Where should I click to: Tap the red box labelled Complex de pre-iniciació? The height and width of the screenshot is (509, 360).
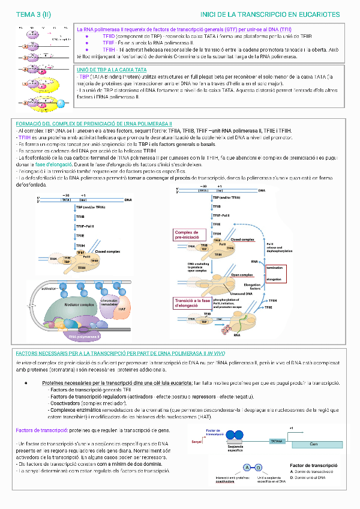click(x=190, y=235)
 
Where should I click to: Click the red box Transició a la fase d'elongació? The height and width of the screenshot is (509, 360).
click(x=192, y=303)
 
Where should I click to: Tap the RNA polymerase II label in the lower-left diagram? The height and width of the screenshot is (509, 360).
click(x=88, y=337)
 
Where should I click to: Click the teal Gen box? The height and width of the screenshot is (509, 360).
click(x=313, y=444)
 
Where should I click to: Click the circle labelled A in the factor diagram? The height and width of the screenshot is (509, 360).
click(x=247, y=468)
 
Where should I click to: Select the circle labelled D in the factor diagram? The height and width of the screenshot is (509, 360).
click(x=258, y=468)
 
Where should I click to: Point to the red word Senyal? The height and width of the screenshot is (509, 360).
click(x=197, y=442)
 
